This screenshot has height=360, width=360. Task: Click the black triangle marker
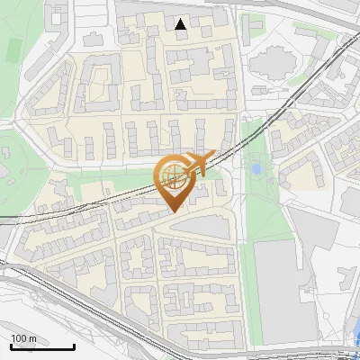click(x=181, y=24)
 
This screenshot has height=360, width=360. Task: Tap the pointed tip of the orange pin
click(x=172, y=212)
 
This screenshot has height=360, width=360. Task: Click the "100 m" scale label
click(x=23, y=338)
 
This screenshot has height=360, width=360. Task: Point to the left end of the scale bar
click(x=11, y=347)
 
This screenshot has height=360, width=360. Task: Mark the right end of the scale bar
click(x=74, y=347)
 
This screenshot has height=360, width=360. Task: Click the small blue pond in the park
click(x=256, y=168)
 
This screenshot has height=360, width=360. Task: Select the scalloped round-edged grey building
click(x=269, y=66)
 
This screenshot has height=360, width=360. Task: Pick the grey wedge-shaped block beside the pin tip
click(x=211, y=225)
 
